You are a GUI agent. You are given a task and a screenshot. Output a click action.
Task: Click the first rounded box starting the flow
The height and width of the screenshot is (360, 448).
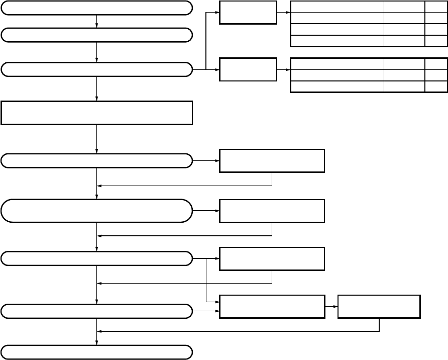[96, 8]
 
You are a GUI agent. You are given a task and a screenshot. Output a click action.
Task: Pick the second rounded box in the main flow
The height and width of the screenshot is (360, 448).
[96, 35]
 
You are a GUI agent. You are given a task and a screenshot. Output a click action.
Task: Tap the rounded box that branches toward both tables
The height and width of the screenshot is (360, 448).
[96, 69]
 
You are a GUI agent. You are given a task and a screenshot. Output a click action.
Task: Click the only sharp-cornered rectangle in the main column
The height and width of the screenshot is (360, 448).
[96, 113]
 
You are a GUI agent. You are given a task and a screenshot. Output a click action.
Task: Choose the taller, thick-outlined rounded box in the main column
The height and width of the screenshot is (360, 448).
[96, 211]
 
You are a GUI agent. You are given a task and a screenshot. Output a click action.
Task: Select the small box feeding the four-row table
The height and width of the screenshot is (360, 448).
[248, 12]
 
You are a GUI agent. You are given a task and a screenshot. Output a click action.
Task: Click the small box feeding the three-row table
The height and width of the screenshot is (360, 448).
[248, 69]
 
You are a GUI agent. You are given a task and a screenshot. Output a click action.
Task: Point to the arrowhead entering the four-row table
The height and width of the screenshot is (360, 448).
[288, 12]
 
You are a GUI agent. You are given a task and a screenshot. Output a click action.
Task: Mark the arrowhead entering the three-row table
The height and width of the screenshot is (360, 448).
[288, 69]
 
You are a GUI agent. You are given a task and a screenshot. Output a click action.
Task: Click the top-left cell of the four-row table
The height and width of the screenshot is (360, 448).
[337, 7]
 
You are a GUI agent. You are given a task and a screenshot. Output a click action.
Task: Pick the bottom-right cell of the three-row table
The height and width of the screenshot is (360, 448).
[435, 86]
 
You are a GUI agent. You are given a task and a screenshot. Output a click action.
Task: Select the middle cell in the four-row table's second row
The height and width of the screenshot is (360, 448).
[404, 18]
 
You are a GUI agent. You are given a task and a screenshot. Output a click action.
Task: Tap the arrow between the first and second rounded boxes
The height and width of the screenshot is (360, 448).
[96, 21]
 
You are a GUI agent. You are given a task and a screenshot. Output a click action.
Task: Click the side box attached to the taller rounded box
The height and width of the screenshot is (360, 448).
[272, 211]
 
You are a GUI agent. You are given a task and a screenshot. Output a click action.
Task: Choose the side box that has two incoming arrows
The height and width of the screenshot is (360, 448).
[272, 307]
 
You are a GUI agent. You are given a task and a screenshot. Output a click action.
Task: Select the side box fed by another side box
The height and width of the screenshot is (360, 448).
[379, 307]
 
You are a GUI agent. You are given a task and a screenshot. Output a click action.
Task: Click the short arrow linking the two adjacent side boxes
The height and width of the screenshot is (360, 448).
[331, 307]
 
